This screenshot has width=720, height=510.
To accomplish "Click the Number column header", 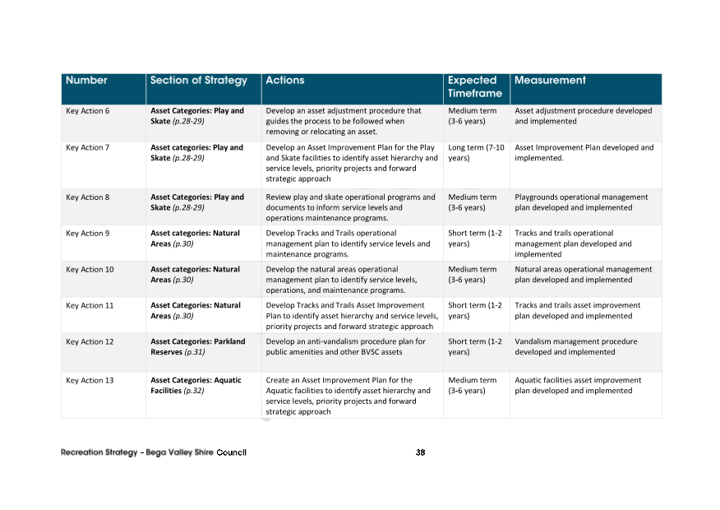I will [x=86, y=81].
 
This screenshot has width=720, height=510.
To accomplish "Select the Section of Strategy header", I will [x=198, y=81].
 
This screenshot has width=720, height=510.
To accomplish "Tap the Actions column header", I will [x=285, y=81].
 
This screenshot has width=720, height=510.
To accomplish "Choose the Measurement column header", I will [x=550, y=81].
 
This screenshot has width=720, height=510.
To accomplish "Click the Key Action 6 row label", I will [x=88, y=111].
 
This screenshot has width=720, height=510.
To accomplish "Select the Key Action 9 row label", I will [x=88, y=234].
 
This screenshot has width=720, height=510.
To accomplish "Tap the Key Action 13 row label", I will [x=90, y=381].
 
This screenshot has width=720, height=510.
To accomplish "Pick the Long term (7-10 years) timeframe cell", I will [x=475, y=153].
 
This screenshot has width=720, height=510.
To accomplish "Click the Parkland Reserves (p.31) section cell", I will [x=197, y=347].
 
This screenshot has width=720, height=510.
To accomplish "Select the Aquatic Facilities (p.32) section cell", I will [x=196, y=386].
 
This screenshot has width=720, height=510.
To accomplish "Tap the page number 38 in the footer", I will [x=420, y=452].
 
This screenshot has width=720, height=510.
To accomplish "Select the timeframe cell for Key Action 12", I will [x=475, y=347].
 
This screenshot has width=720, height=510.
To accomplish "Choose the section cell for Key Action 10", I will [x=195, y=275].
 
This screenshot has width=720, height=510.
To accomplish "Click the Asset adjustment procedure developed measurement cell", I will [x=583, y=116].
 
